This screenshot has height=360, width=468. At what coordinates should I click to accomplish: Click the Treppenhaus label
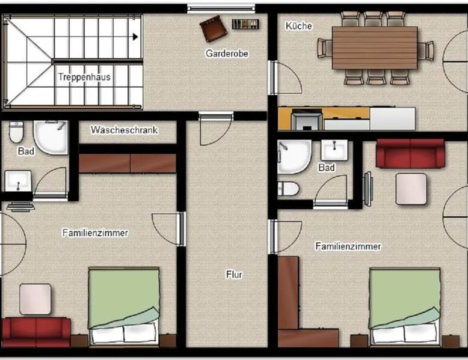pos(84,77)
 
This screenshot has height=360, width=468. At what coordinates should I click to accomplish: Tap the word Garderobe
pos(227,53)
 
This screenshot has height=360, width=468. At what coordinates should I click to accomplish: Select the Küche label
pos(299,26)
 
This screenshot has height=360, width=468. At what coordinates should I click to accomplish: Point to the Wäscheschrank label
pos(124,130)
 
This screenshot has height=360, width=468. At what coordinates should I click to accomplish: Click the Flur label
pos(234,275)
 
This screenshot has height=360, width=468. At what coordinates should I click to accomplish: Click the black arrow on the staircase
pos(135,37)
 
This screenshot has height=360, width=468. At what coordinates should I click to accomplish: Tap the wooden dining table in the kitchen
pos(375,47)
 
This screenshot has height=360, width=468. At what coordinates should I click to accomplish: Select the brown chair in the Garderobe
pos(214,28)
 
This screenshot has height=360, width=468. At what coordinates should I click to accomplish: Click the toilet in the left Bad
pos(16,132)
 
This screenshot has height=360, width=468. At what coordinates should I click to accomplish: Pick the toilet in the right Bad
pos(288,189)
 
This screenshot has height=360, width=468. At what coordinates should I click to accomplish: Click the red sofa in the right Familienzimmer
pos(410,153)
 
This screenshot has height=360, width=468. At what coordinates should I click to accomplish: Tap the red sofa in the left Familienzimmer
pos(36,332)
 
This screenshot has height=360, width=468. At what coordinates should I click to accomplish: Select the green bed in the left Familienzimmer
pos(124,306)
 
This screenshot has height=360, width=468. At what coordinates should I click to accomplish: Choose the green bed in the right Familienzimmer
pos(405,307)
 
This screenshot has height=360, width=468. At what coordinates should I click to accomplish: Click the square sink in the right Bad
pos(334,150)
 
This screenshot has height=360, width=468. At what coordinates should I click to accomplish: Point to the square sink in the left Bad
pos(18,181)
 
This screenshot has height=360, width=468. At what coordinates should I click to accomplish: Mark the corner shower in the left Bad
pos(51,137)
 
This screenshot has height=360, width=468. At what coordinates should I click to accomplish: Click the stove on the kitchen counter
pos(307,120)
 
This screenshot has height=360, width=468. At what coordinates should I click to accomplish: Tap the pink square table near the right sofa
pos(411,189)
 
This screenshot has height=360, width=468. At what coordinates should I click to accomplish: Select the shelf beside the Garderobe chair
pos(245,24)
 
